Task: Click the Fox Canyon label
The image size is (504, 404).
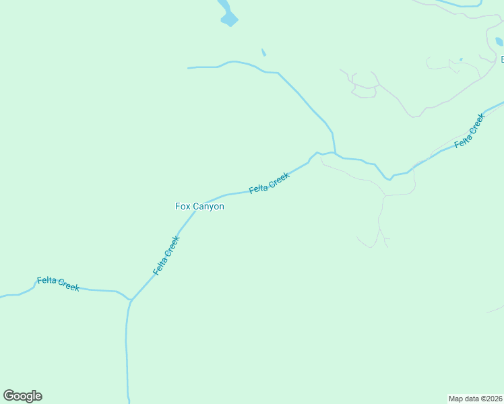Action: pyautogui.click(x=199, y=207)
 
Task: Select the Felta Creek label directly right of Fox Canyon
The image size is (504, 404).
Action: pyautogui.click(x=269, y=182)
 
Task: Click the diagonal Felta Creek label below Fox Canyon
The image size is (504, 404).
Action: pyautogui.click(x=166, y=255)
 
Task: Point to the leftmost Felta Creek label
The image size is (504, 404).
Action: pyautogui.click(x=59, y=283)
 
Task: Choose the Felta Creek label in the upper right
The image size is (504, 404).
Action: pyautogui.click(x=470, y=131)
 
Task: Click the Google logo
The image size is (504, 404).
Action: pyautogui.click(x=22, y=396)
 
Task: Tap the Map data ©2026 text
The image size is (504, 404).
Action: pyautogui.click(x=476, y=399)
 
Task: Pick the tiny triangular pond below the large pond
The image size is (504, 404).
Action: pyautogui.click(x=263, y=53)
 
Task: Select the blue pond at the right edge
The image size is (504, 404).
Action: pyautogui.click(x=499, y=42)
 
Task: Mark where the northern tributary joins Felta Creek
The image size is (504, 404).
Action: pyautogui.click(x=335, y=154)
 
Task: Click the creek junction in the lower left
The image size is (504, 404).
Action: pyautogui.click(x=129, y=300)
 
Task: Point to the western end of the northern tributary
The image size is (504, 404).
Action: pyautogui.click(x=189, y=68)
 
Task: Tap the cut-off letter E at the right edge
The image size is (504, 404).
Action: pyautogui.click(x=502, y=60)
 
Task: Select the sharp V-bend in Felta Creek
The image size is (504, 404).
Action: pyautogui.click(x=389, y=178)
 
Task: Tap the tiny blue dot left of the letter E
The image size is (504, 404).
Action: pyautogui.click(x=461, y=59)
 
